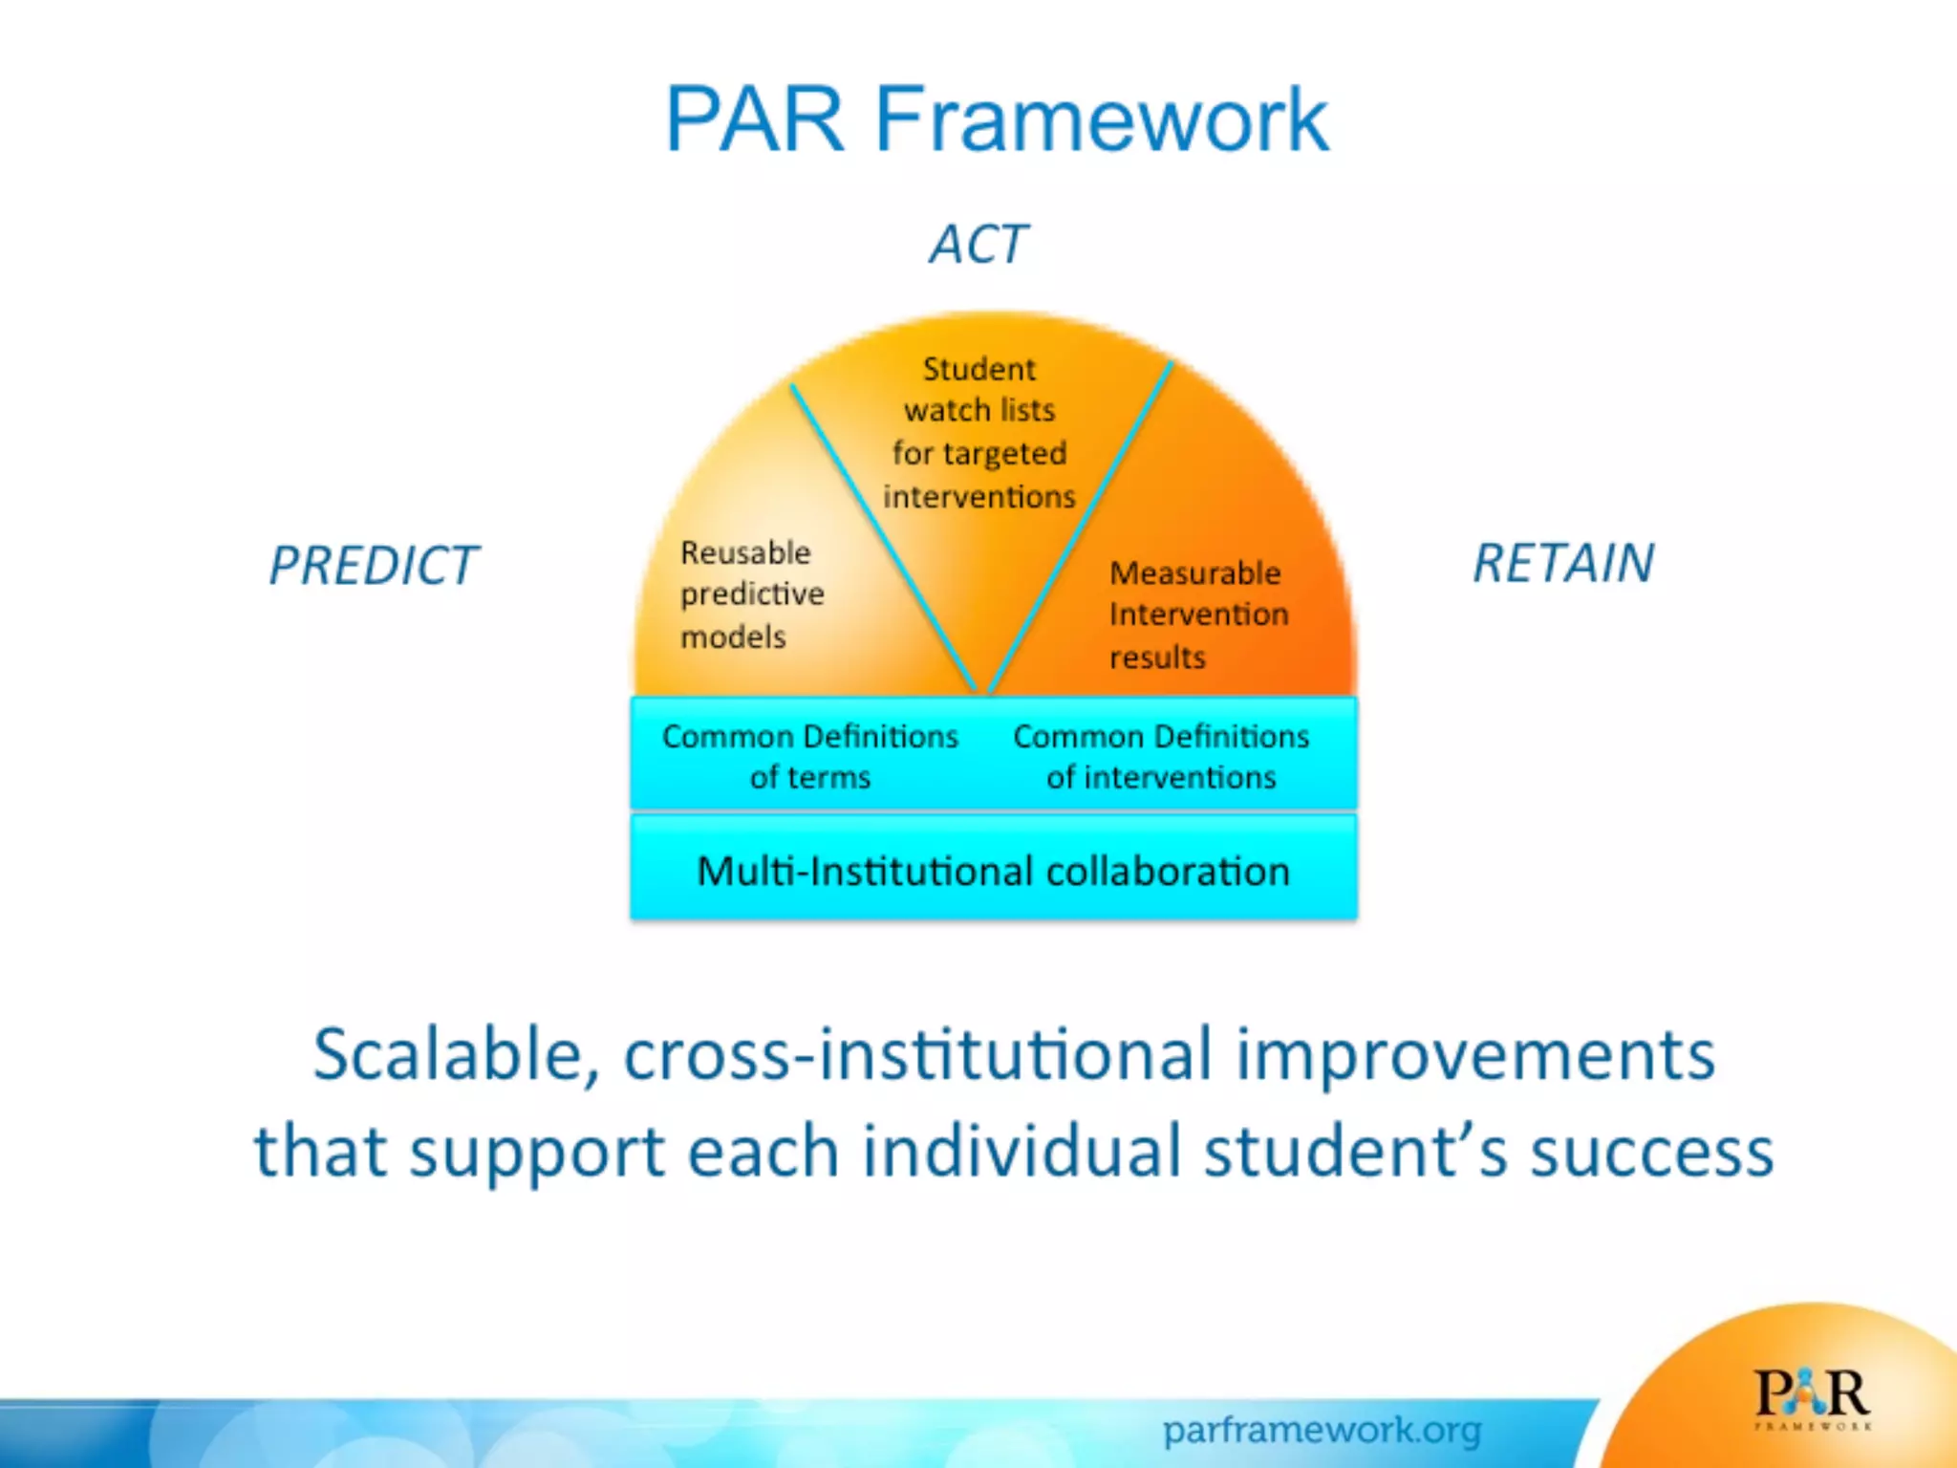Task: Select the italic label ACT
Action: pos(978,245)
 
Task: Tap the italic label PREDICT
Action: pos(374,565)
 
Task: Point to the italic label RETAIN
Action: pos(1563,563)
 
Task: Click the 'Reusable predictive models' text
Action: pos(751,594)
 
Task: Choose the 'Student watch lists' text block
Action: pos(979,432)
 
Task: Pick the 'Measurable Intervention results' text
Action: pos(1198,615)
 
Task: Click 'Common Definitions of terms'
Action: pos(809,756)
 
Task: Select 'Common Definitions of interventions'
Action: pos(1161,756)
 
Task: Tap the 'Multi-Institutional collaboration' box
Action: pos(994,871)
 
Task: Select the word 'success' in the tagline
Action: pos(1651,1152)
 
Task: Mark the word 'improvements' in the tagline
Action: pos(1475,1055)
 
